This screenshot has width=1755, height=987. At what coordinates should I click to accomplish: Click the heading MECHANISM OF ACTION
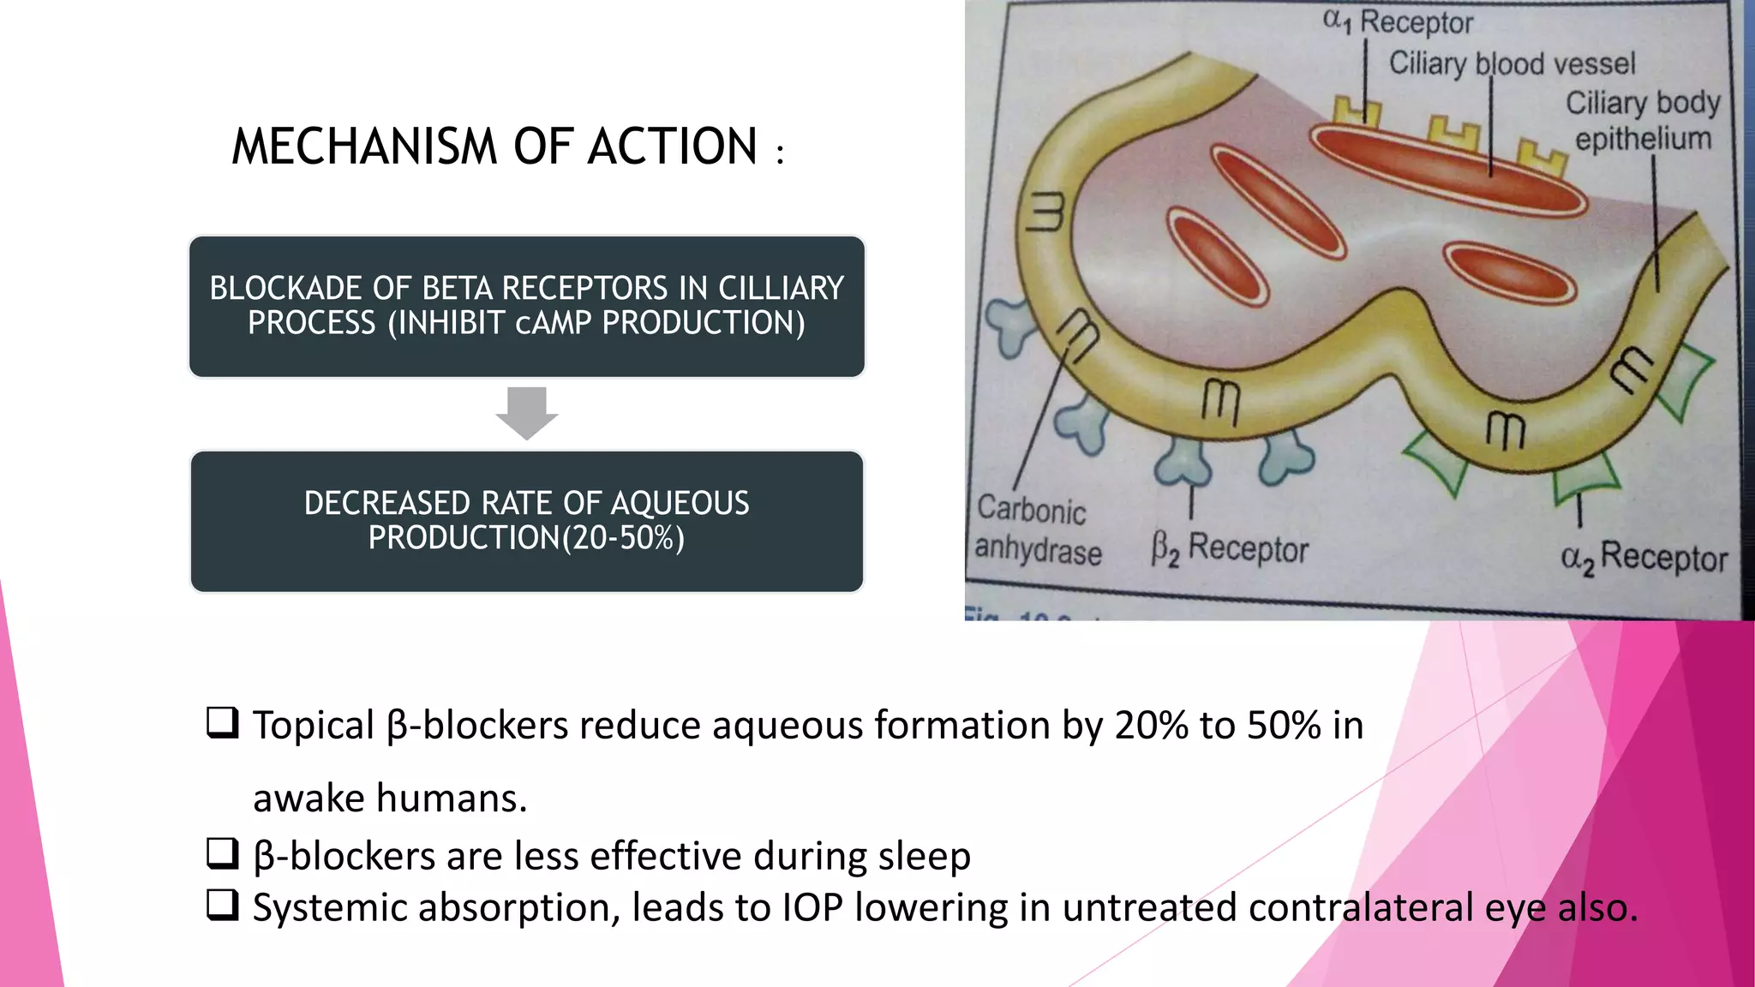(x=494, y=147)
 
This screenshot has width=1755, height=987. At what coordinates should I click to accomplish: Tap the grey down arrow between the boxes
(x=526, y=413)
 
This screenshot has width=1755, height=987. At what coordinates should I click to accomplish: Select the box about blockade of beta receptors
(x=526, y=306)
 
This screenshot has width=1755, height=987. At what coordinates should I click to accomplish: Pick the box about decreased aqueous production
(x=526, y=521)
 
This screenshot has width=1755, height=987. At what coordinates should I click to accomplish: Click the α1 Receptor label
(x=1398, y=21)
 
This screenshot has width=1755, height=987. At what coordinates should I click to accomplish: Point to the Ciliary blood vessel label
(x=1512, y=63)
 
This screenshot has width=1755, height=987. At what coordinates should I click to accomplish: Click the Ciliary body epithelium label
(x=1642, y=121)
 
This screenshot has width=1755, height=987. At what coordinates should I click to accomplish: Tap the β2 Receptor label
(x=1230, y=549)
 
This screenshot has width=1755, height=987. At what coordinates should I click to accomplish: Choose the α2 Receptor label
(x=1644, y=558)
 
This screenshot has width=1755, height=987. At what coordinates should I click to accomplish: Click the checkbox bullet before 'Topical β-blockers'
(x=222, y=723)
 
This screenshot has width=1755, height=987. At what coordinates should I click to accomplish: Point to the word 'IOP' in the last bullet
(x=812, y=908)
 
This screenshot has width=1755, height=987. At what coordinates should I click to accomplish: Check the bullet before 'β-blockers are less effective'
(x=222, y=853)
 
